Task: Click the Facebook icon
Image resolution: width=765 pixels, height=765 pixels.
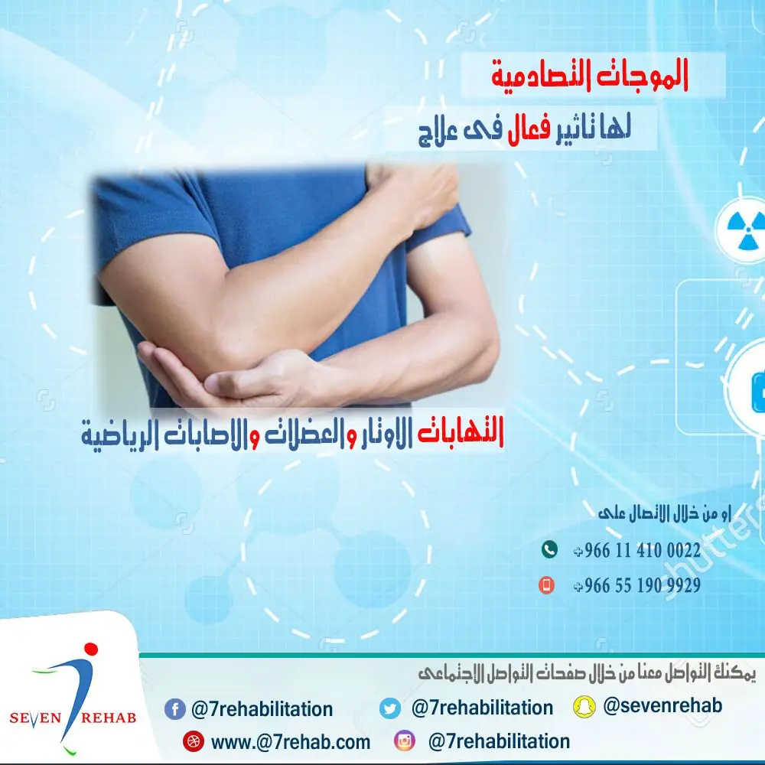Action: pos(175,709)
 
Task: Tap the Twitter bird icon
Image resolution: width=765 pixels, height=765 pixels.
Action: pos(390,708)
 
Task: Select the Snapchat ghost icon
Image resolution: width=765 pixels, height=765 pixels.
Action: pos(584,706)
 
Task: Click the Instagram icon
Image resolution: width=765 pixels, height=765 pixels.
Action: pos(404,741)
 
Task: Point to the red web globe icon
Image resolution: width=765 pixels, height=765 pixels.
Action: pos(192,741)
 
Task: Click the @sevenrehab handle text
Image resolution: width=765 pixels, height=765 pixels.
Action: pos(662,705)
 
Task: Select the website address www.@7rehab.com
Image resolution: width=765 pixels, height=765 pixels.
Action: pos(291,742)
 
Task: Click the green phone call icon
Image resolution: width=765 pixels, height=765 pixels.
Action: pos(549,549)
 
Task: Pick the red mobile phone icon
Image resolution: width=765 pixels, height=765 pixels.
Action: pos(546,585)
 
